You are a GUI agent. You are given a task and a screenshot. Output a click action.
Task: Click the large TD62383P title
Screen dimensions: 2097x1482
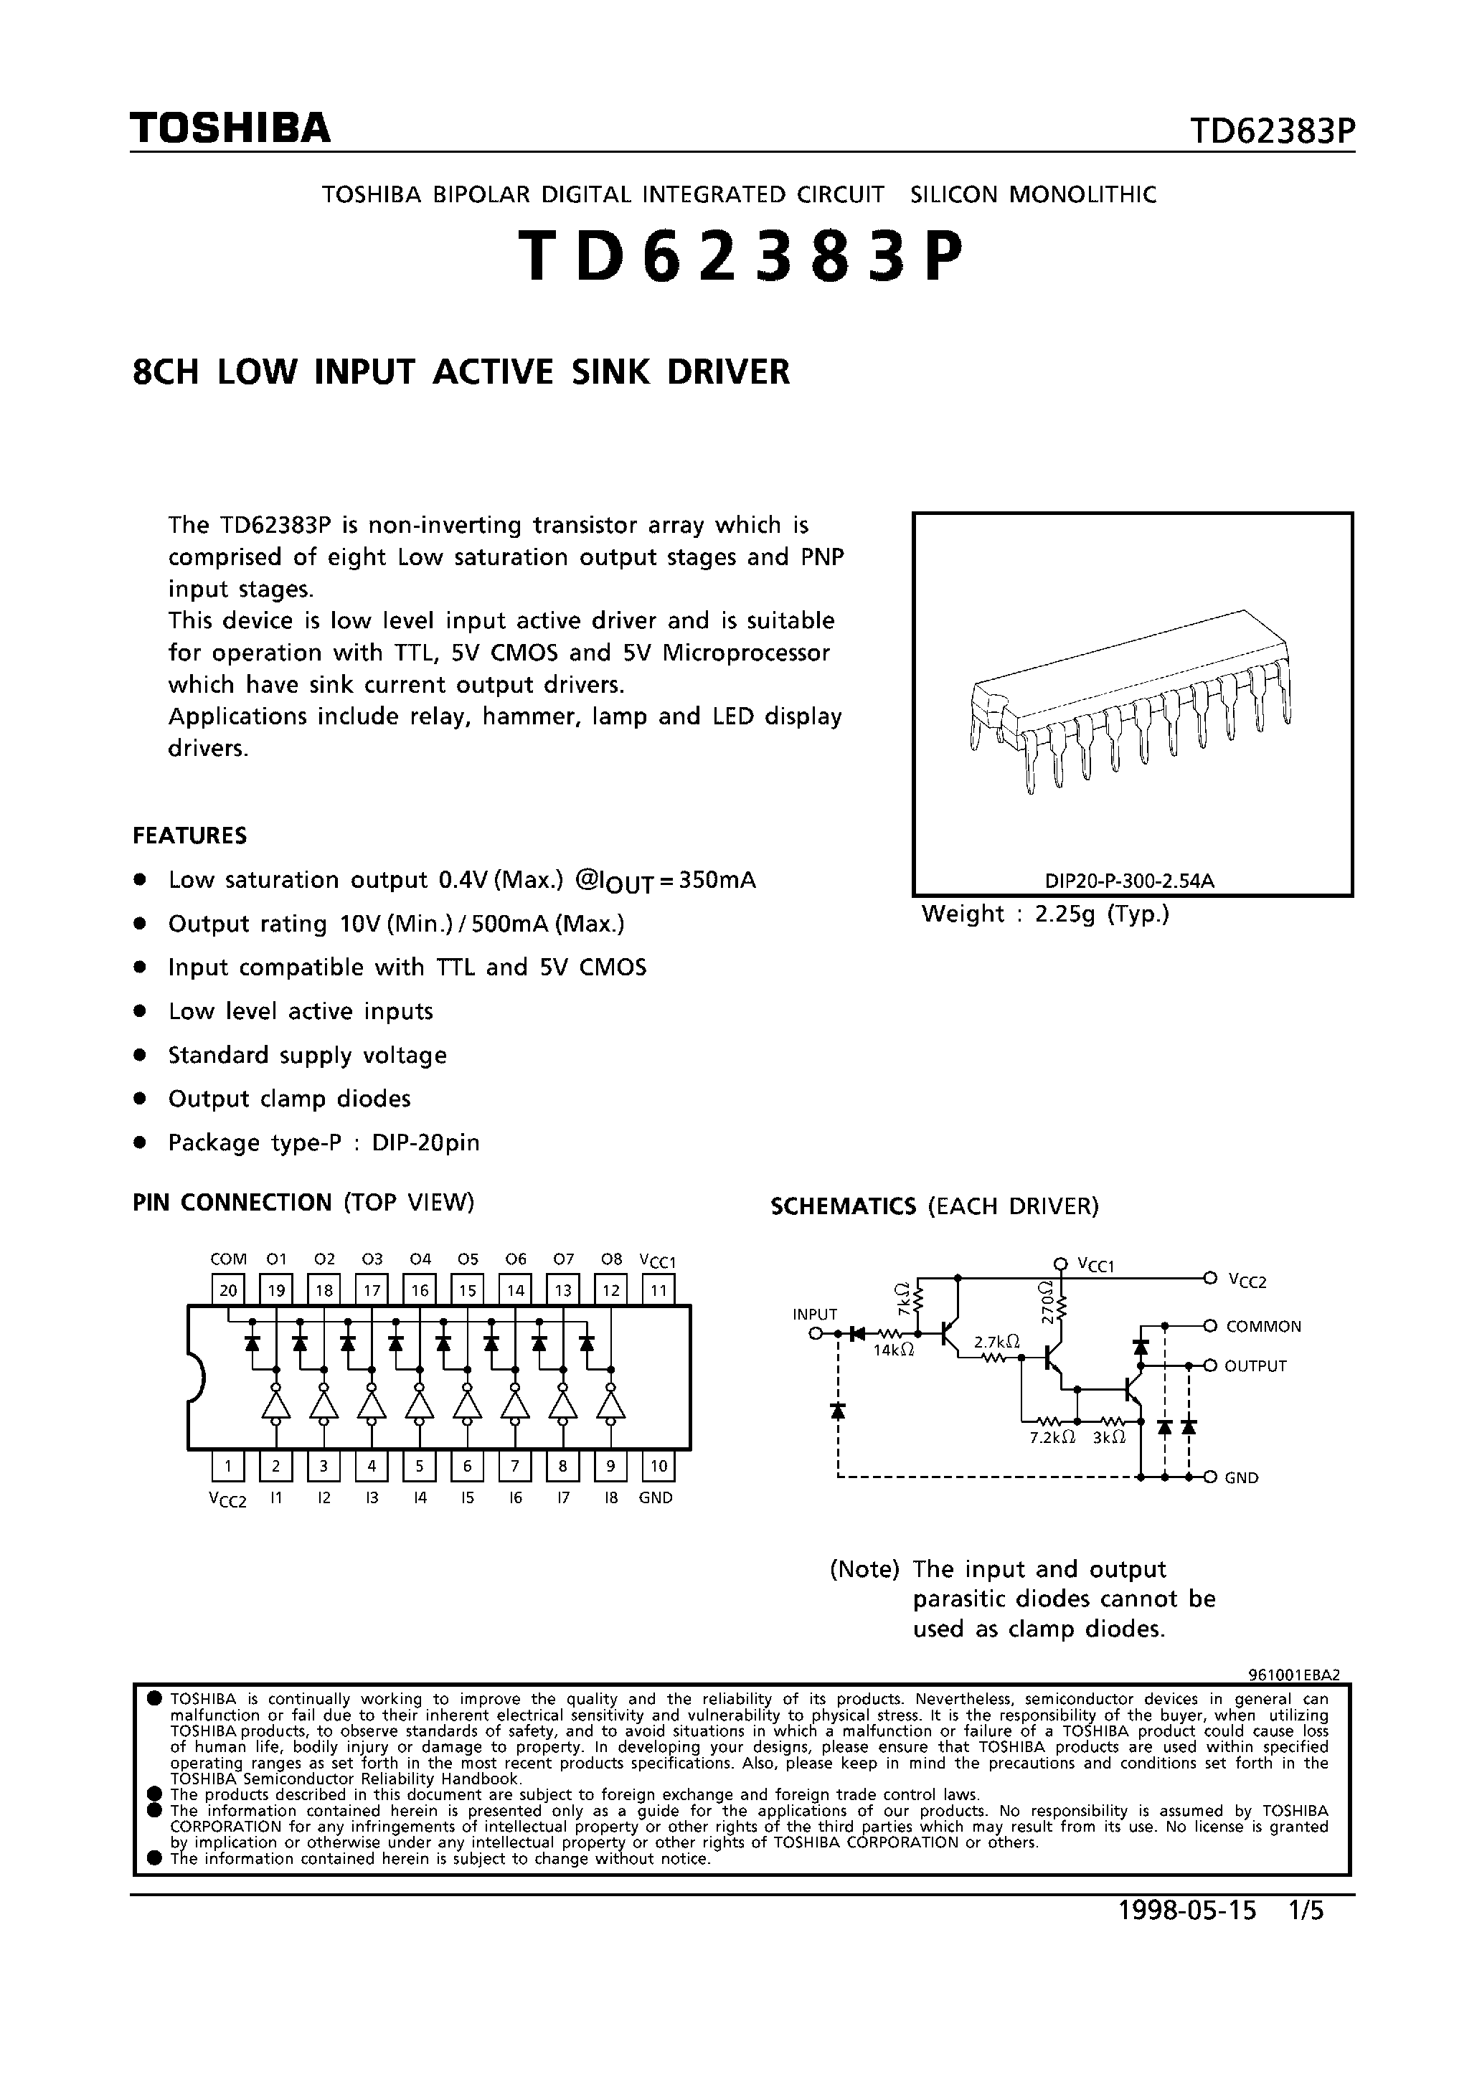click(x=740, y=257)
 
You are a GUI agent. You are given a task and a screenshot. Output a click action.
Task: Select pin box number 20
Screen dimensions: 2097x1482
click(x=228, y=1290)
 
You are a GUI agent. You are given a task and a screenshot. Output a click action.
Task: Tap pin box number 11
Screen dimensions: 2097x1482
click(x=658, y=1290)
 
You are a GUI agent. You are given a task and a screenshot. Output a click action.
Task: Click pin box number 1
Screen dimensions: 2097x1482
click(x=228, y=1466)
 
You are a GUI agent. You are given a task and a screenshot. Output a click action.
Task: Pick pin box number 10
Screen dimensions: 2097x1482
click(x=658, y=1466)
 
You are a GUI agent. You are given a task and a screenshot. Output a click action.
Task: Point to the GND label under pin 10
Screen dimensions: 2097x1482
click(x=656, y=1498)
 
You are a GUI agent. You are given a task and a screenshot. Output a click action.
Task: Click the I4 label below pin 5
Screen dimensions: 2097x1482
click(x=420, y=1498)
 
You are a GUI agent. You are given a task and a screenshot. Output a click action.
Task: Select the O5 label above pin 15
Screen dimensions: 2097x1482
click(x=468, y=1259)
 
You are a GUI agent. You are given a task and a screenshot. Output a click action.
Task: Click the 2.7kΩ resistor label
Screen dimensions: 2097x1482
click(x=996, y=1342)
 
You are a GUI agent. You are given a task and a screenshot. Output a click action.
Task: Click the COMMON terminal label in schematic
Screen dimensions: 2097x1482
click(x=1264, y=1326)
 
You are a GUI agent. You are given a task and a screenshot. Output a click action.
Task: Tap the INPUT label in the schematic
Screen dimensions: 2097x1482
click(x=815, y=1315)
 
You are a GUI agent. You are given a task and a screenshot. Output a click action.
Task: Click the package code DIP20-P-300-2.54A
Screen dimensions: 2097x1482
click(x=1131, y=881)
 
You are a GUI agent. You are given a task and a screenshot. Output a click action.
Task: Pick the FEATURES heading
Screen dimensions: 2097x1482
click(x=190, y=836)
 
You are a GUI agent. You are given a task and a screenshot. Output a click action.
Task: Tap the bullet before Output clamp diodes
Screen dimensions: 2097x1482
click(x=140, y=1099)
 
